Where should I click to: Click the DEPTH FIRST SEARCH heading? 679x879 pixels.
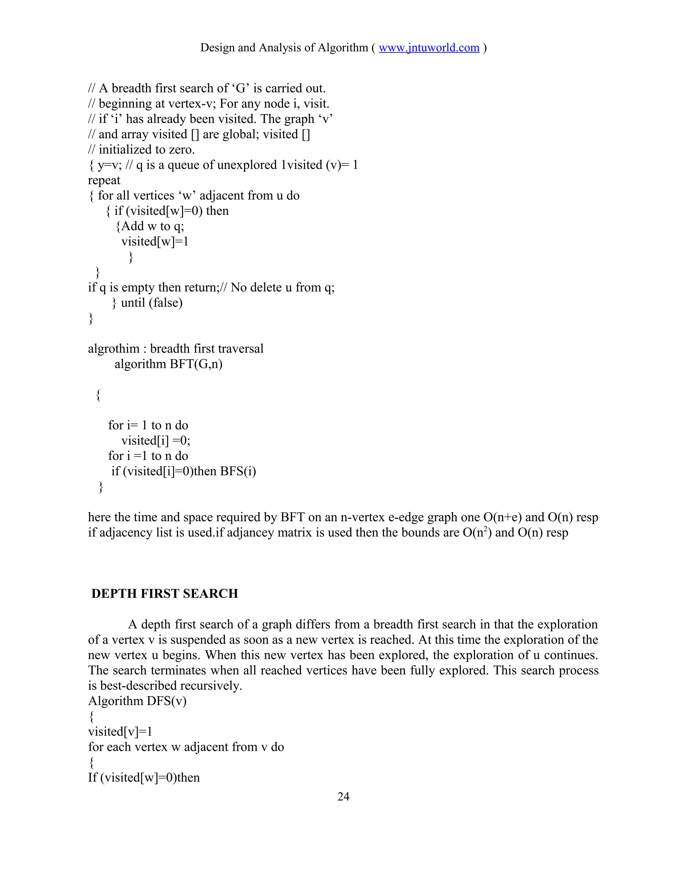(x=164, y=594)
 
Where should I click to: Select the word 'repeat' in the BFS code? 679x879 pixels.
(x=104, y=181)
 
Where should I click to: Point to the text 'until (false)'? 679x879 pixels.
(x=152, y=303)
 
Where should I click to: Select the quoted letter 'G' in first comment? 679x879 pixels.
(x=241, y=89)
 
